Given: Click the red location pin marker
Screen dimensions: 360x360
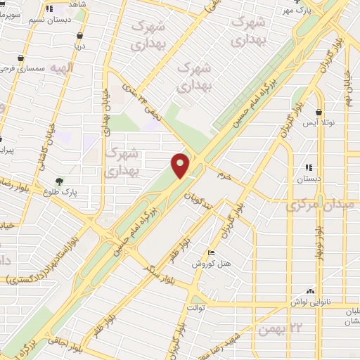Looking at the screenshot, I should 181,165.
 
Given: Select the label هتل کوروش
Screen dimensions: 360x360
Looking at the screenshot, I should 211,264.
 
